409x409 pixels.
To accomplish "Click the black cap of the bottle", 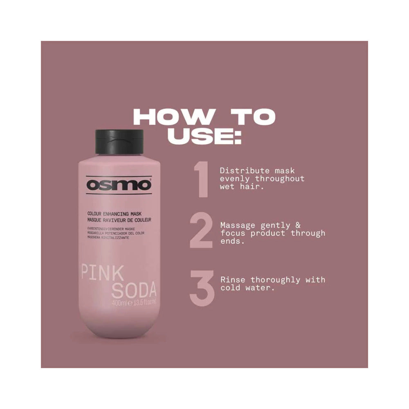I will (119, 145).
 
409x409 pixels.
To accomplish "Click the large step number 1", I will (202, 180).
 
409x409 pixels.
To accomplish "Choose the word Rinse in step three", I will (233, 280).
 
